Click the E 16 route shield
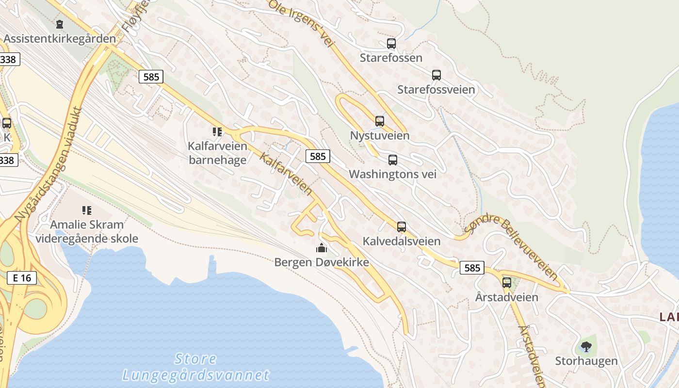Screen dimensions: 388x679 (x=22, y=278)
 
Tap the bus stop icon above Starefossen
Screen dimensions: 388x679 (x=391, y=44)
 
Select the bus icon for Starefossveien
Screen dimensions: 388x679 (x=436, y=75)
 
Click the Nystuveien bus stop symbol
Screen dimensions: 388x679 (x=380, y=121)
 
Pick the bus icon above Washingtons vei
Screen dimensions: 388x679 (x=393, y=160)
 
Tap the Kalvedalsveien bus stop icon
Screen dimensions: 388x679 (x=402, y=226)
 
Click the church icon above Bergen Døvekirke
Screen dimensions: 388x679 (x=322, y=248)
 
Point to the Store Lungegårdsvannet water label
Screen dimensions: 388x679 (x=195, y=367)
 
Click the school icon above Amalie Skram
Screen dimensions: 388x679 (x=87, y=210)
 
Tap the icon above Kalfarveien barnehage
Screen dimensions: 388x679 (x=217, y=131)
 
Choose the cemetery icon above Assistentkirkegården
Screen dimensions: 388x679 (x=60, y=24)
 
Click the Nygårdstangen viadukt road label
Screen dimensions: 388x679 (x=47, y=165)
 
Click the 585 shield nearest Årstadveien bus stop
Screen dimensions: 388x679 (x=472, y=268)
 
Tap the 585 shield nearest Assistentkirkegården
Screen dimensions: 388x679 (x=151, y=76)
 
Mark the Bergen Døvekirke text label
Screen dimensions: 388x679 (x=322, y=262)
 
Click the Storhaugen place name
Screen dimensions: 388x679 (x=586, y=361)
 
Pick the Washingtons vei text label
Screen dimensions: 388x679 (x=393, y=174)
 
